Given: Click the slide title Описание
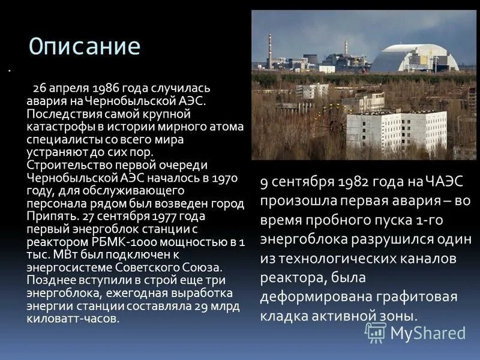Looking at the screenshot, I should pyautogui.click(x=85, y=47).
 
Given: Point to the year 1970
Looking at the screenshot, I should pyautogui.click(x=226, y=178).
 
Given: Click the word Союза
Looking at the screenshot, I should pyautogui.click(x=205, y=268).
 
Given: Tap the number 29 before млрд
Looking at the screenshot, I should pyautogui.click(x=202, y=306).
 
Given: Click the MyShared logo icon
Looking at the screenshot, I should pyautogui.click(x=376, y=332).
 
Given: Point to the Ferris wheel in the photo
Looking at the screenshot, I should pyautogui.click(x=328, y=124).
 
